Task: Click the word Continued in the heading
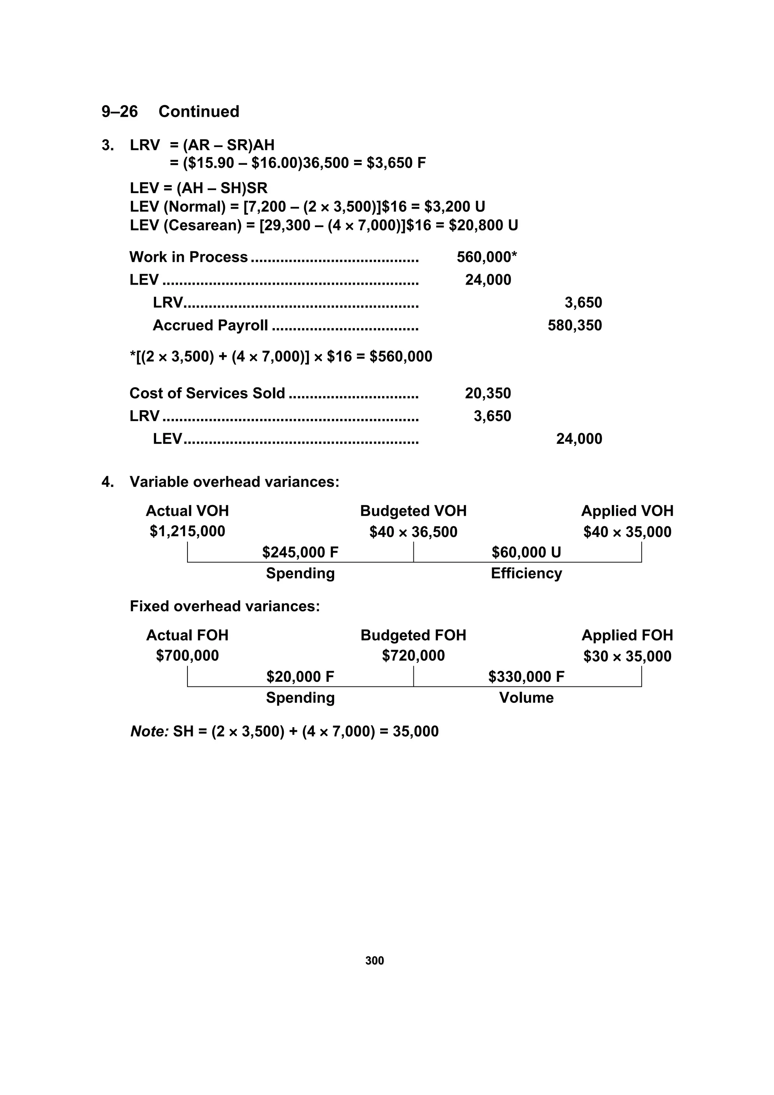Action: click(x=198, y=112)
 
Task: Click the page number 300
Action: click(x=375, y=960)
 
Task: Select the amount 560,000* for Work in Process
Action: click(x=486, y=257)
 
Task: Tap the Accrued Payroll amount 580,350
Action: click(x=575, y=325)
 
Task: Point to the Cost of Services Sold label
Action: click(x=207, y=393)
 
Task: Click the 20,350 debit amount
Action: click(x=488, y=393)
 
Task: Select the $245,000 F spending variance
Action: click(x=300, y=552)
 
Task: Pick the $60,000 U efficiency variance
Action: click(x=526, y=552)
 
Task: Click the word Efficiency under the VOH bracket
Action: click(x=526, y=573)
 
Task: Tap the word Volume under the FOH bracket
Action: click(x=526, y=698)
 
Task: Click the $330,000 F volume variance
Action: click(x=526, y=677)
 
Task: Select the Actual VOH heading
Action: click(x=187, y=511)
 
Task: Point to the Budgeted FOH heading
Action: click(x=413, y=635)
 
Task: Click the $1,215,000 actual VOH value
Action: click(x=187, y=531)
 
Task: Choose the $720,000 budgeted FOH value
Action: click(x=413, y=656)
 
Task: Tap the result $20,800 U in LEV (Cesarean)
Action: click(x=483, y=225)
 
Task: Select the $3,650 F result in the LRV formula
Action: click(x=396, y=163)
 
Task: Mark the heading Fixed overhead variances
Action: click(x=224, y=606)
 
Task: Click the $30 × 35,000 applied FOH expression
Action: click(x=627, y=656)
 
